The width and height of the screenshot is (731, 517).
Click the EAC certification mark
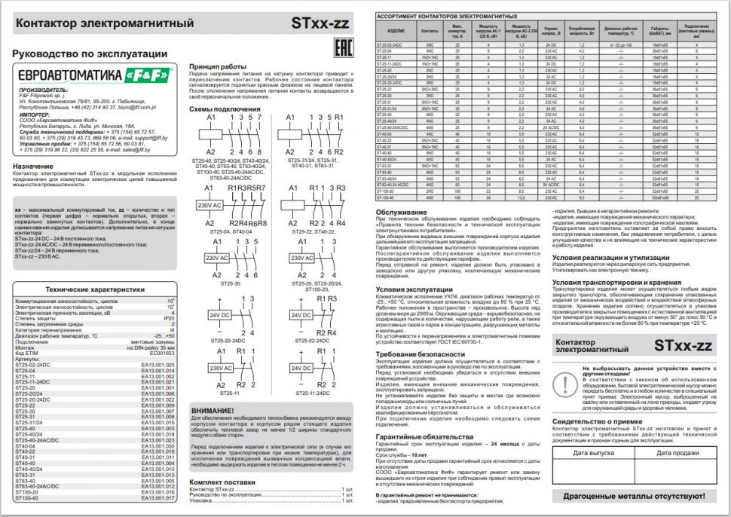[341, 44]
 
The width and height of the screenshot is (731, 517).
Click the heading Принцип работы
[218, 66]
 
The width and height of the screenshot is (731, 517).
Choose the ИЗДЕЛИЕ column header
[396, 32]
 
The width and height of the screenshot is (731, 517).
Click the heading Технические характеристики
[94, 289]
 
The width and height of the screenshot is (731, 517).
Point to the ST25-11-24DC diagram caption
[313, 393]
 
